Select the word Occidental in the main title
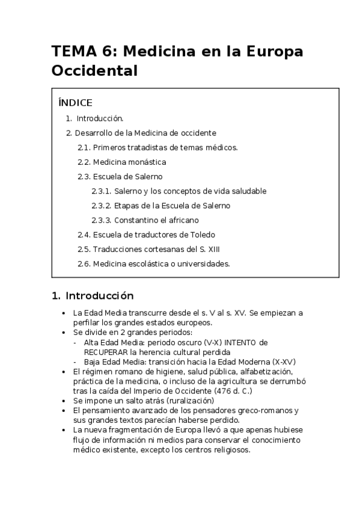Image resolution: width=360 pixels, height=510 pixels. click(x=95, y=71)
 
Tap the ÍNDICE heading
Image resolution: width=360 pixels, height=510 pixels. click(x=75, y=103)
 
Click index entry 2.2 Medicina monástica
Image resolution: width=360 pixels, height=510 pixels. click(x=122, y=162)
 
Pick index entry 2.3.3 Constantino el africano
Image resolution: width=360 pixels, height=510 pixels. click(x=145, y=220)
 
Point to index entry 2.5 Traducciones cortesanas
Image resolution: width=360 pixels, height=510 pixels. click(x=153, y=249)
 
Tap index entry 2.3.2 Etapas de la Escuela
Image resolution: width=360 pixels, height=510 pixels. click(x=160, y=206)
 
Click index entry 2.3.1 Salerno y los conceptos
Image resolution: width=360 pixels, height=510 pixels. click(x=178, y=191)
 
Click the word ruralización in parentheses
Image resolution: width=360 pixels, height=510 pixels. click(x=184, y=400)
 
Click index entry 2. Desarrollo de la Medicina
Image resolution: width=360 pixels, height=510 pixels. click(x=141, y=133)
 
